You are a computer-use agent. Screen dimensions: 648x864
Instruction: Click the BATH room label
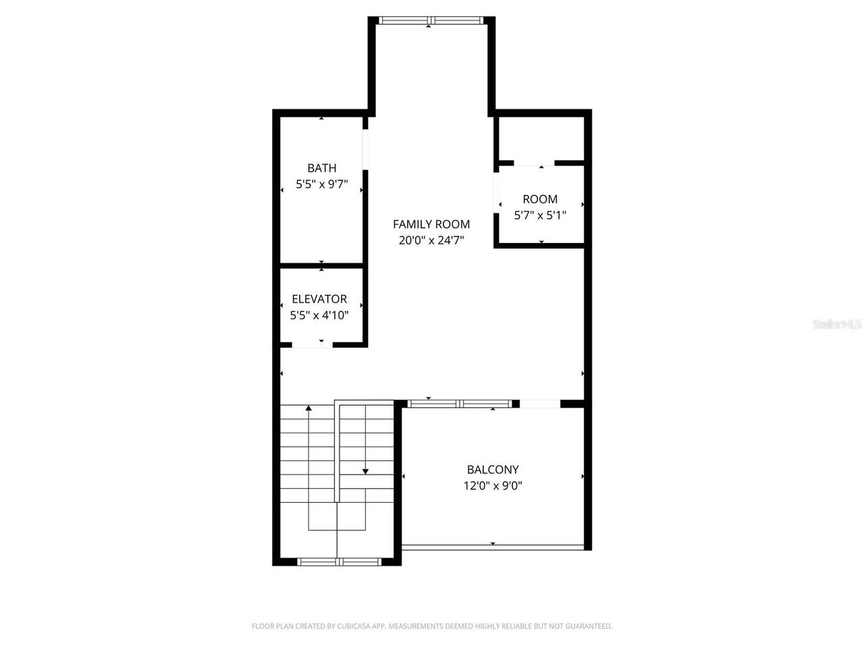321,168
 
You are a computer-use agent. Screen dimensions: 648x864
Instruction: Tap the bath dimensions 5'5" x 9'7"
321,184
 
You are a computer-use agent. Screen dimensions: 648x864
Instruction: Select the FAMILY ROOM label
431,224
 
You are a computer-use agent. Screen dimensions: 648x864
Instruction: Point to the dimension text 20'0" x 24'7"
431,240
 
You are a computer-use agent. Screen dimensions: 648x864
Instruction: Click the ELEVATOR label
319,299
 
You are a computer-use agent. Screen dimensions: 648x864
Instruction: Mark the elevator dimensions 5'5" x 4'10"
319,315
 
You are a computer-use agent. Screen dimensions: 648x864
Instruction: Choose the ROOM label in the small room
540,199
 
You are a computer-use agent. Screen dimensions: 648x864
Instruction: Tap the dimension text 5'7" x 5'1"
540,215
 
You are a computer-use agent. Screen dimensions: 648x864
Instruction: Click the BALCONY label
493,470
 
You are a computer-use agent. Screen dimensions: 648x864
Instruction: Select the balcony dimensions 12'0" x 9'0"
493,486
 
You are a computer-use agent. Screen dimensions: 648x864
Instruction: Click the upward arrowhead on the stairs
309,408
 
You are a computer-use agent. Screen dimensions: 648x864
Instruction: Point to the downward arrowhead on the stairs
365,471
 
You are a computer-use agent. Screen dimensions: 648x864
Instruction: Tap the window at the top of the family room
431,20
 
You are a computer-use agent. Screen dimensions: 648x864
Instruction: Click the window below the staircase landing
339,561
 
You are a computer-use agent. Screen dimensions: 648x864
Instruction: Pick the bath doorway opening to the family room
365,148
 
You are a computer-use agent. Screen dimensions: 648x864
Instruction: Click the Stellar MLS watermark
836,325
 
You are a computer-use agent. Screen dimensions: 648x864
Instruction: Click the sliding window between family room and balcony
460,404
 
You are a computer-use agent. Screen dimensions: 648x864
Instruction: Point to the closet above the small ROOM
541,139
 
